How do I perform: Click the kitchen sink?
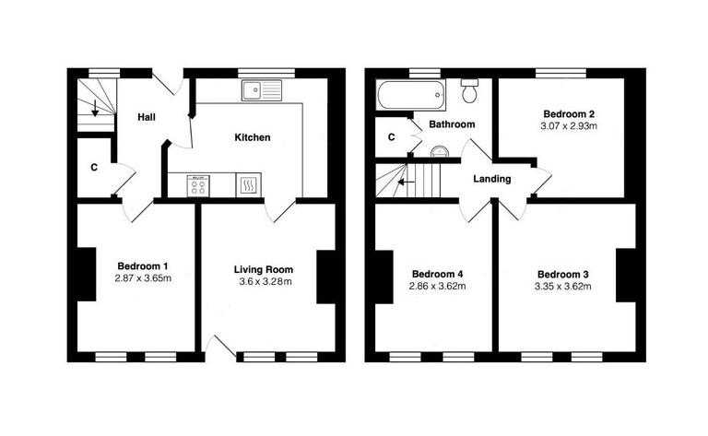[262, 89]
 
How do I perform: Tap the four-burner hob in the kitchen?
[199, 186]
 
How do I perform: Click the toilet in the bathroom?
[470, 91]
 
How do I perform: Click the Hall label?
[147, 117]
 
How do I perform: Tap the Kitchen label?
[252, 137]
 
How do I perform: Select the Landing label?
[491, 179]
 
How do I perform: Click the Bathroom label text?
[452, 124]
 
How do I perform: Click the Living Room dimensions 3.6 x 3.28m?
[263, 282]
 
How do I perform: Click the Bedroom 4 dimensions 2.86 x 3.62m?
[438, 287]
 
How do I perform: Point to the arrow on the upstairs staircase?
[402, 182]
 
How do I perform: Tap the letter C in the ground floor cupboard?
[94, 168]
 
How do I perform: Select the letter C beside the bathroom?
[392, 137]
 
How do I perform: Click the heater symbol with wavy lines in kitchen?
[248, 186]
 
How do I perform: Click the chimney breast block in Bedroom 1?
[86, 274]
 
